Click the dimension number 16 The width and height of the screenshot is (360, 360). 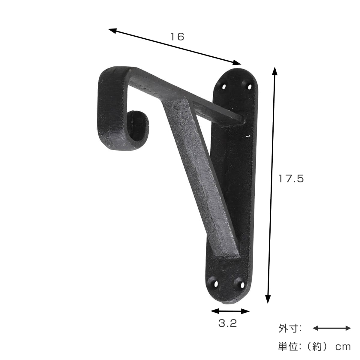click(177, 37)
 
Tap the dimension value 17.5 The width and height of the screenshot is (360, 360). click(291, 178)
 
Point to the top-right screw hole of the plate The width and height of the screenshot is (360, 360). click(249, 87)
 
